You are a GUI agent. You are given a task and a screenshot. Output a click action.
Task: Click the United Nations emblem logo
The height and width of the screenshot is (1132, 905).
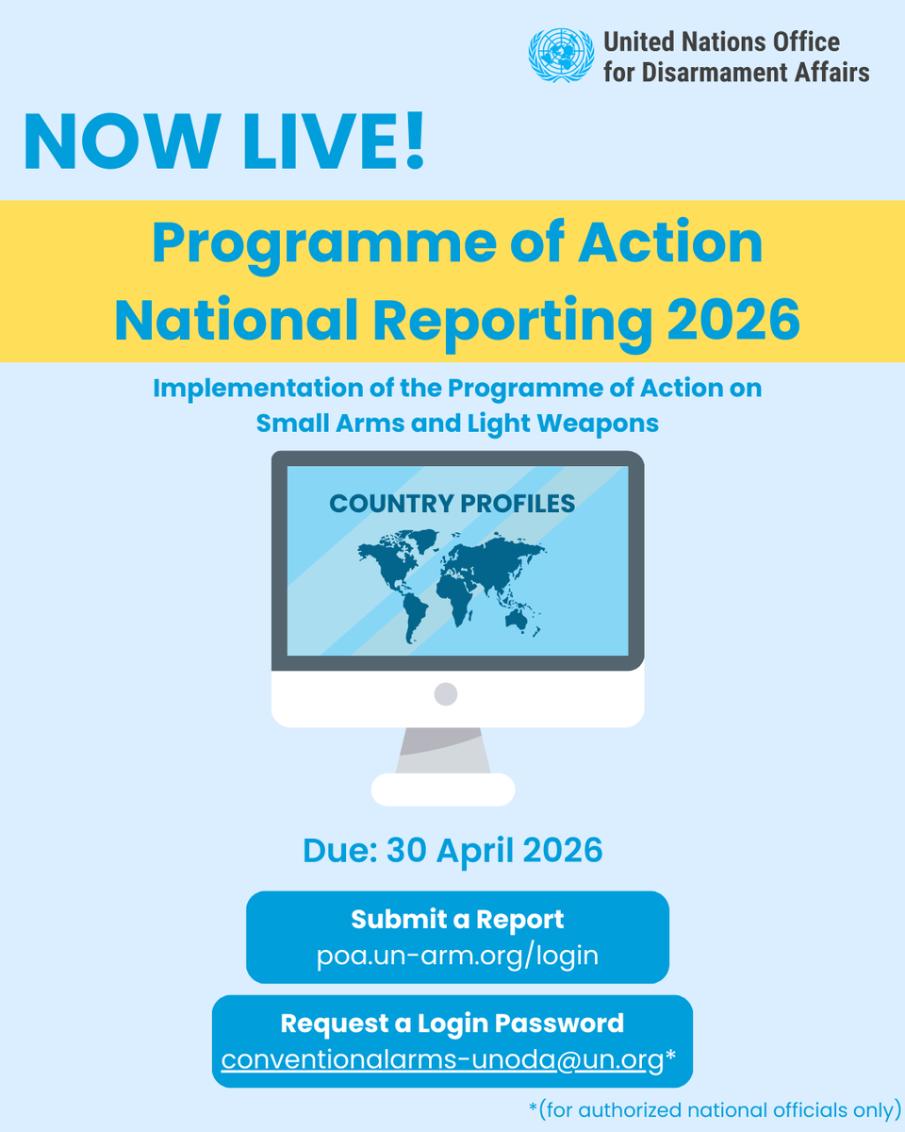562,56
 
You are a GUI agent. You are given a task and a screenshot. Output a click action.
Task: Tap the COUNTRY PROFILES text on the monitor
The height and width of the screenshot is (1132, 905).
452,504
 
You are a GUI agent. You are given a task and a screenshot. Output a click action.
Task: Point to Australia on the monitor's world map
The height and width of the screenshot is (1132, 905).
517,617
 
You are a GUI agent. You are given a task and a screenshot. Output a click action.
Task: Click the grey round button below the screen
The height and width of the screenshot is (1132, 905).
446,694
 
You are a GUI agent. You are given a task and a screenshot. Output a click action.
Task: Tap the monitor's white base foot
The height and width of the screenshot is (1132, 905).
443,790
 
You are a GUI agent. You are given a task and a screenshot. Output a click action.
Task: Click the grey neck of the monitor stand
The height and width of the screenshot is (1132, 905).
443,751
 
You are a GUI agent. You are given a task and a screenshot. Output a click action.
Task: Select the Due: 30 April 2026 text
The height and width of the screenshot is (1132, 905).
452,851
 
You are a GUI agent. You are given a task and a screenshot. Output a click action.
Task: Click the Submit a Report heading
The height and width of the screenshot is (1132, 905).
457,919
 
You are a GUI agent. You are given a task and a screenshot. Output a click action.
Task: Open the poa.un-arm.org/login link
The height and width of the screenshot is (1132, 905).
457,955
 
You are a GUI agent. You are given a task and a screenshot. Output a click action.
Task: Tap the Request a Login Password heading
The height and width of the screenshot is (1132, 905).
452,1023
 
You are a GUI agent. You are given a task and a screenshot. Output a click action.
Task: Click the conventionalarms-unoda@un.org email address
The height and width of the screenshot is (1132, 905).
443,1059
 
